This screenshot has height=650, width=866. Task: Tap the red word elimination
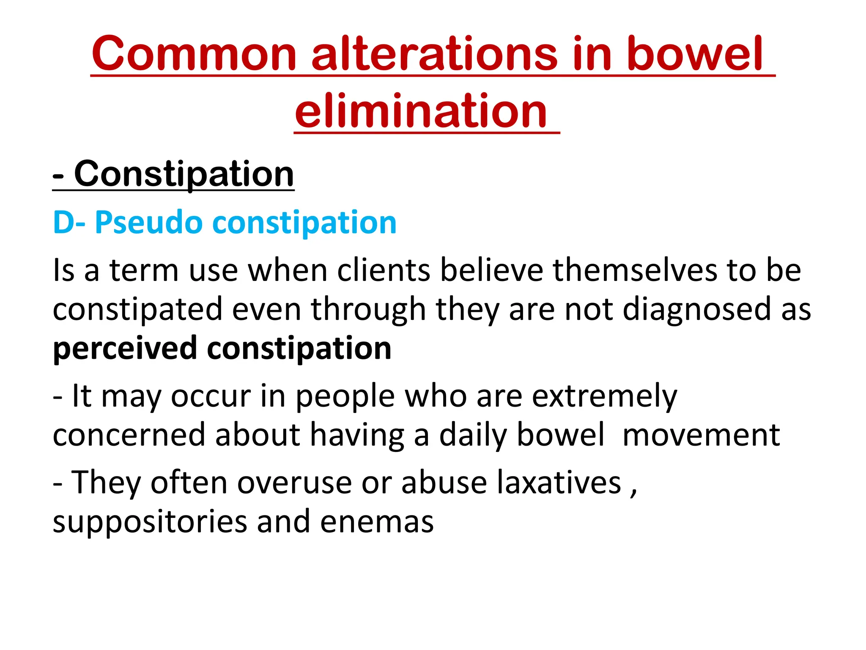click(x=421, y=111)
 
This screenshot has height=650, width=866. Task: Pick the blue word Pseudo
click(x=148, y=222)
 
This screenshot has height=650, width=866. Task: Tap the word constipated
click(x=137, y=309)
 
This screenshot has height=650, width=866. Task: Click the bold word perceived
click(x=125, y=348)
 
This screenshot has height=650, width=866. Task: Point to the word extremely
click(x=604, y=397)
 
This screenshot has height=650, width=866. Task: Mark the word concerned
click(x=129, y=435)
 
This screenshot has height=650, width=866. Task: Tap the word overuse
click(x=294, y=482)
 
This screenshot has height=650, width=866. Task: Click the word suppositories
click(x=150, y=522)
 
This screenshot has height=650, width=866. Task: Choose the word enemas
click(x=377, y=522)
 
